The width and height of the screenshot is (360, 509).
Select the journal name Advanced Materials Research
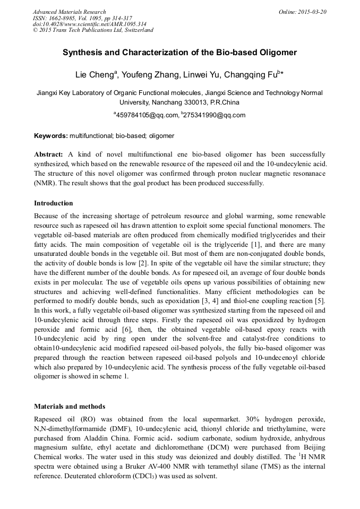coord(69,12)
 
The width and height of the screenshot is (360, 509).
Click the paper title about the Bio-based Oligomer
coord(179,53)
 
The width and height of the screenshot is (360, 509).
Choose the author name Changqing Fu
coord(252,75)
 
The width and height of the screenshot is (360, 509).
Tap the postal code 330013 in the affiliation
coord(195,102)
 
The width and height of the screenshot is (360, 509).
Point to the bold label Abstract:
coord(49,154)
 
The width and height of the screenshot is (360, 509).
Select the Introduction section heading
coord(53,203)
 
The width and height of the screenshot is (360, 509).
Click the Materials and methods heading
coord(70,407)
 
